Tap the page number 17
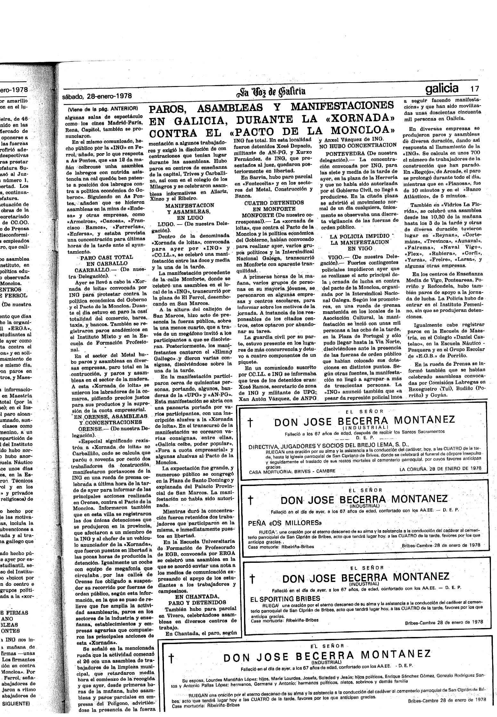coord(475,89)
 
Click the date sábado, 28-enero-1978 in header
coord(97,96)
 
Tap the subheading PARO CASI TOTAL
coord(106,257)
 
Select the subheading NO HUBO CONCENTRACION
coord(358,145)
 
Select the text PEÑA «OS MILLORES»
coord(285,523)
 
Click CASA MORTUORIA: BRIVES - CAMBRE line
coord(292,471)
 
